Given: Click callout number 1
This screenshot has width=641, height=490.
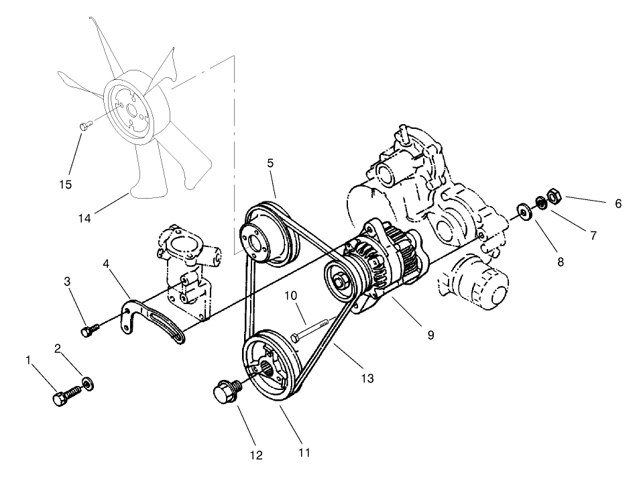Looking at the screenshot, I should [29, 360].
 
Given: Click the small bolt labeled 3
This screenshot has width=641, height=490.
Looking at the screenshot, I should [89, 330].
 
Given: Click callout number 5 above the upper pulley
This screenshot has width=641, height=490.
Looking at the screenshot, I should [270, 162].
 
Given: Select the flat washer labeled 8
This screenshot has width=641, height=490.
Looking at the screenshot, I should [523, 211].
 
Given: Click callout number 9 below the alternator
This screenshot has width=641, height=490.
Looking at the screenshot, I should [430, 334].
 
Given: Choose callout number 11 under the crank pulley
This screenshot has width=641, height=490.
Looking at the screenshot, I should [304, 453].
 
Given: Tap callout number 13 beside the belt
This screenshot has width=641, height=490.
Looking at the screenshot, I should [366, 379].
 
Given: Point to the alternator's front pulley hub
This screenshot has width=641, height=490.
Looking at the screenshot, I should [341, 280].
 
